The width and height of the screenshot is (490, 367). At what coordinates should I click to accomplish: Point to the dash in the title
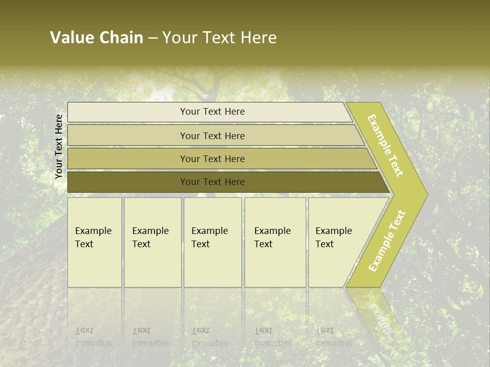click(153, 38)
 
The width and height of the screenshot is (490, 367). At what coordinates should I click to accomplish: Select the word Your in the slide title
click(178, 38)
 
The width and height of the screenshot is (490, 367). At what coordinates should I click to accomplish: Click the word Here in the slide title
click(258, 38)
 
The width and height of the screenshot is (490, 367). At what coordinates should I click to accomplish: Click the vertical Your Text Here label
click(59, 147)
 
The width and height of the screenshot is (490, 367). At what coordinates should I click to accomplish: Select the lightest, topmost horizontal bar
click(212, 112)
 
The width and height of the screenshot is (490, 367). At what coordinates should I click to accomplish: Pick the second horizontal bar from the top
click(212, 136)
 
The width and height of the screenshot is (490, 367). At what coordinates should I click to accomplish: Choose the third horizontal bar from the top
click(212, 159)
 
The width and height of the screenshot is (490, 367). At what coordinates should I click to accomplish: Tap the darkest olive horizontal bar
click(212, 182)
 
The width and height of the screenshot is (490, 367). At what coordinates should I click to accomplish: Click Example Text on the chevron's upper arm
click(386, 145)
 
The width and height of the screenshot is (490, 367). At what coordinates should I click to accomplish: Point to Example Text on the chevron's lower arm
click(387, 241)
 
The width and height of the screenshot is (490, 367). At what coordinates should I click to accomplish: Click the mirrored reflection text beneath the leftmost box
click(93, 336)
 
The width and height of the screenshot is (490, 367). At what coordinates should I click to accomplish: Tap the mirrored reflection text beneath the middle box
click(210, 336)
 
